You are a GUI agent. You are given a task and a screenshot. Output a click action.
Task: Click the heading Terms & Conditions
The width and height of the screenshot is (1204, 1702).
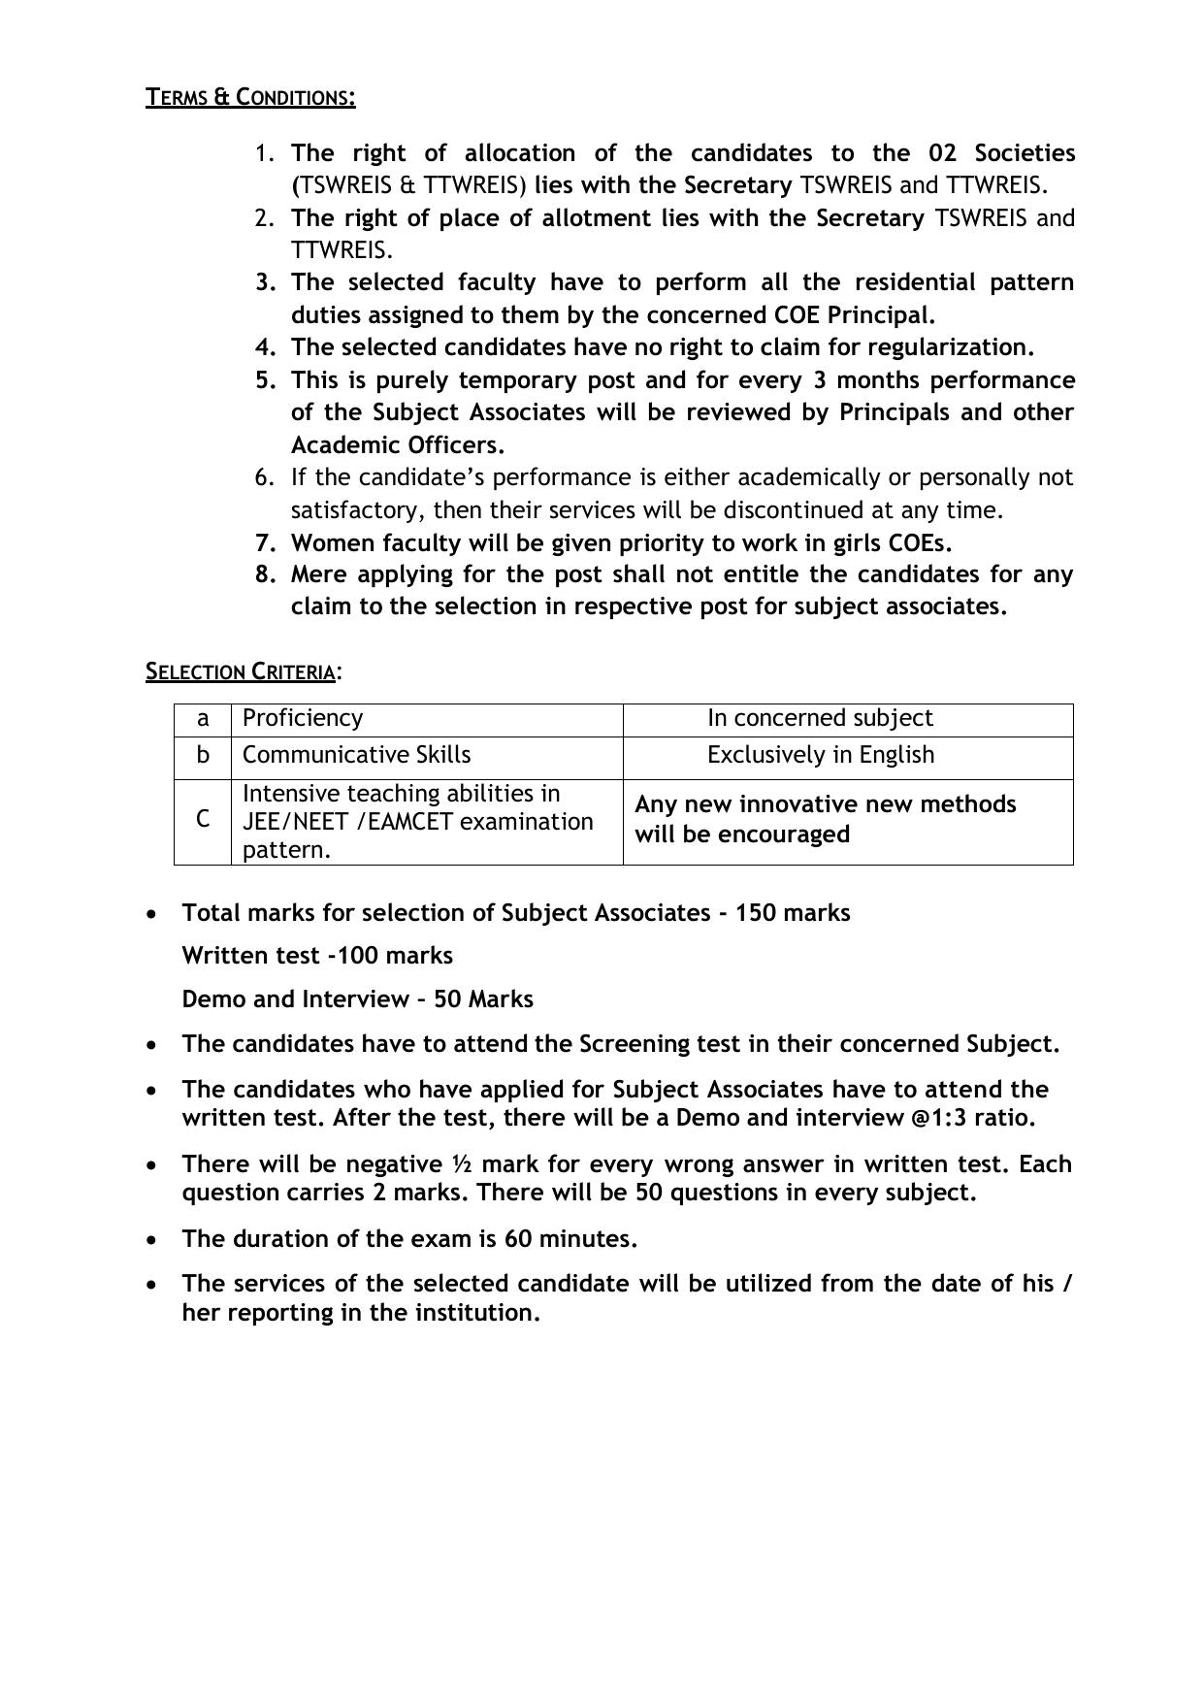pyautogui.click(x=250, y=97)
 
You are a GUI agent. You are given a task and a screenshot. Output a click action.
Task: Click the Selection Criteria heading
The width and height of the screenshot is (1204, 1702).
pyautogui.click(x=241, y=671)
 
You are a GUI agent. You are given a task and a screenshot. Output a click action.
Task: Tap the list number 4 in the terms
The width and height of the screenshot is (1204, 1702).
pyautogui.click(x=266, y=347)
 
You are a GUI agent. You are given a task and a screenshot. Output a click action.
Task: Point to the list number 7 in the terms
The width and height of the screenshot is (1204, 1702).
pyautogui.click(x=266, y=542)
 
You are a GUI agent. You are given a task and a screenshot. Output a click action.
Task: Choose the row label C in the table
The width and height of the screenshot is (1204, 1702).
pyautogui.click(x=203, y=820)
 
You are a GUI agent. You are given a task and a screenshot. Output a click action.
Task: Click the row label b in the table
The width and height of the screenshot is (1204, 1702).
pyautogui.click(x=203, y=755)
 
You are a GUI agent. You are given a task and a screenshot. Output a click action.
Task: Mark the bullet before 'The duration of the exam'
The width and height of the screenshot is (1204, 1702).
pyautogui.click(x=150, y=1240)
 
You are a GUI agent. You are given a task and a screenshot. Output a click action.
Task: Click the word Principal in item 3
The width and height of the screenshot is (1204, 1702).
pyautogui.click(x=880, y=315)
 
